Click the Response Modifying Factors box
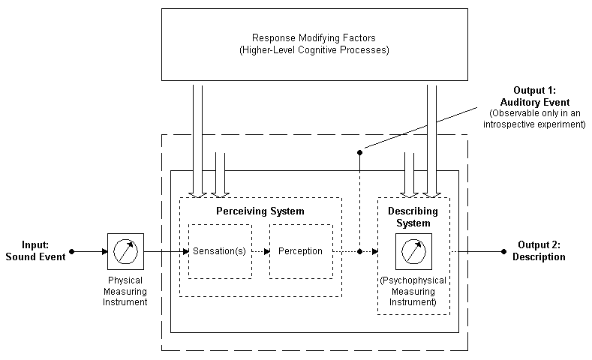pos(314,43)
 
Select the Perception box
pos(300,251)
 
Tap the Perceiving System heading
pos(260,211)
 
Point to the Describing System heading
pos(413,217)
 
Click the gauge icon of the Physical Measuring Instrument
pos(125,251)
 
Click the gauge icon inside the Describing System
pos(413,251)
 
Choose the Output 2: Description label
pos(538,251)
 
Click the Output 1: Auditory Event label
pos(535,97)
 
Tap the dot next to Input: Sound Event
pos(72,251)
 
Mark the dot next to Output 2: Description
pos(503,251)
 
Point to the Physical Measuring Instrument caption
pos(125,290)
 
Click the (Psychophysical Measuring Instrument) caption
pos(413,291)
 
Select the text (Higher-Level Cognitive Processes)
pos(314,49)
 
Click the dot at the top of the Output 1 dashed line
pos(359,152)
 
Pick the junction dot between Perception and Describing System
pos(359,251)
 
